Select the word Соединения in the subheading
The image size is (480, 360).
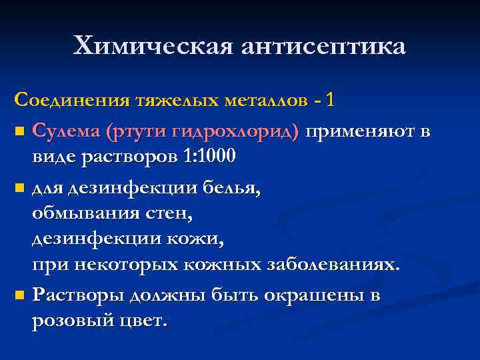coord(72,101)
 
